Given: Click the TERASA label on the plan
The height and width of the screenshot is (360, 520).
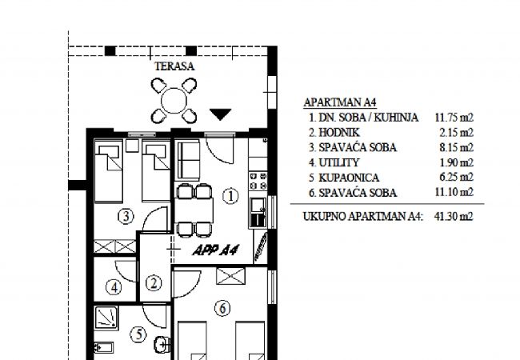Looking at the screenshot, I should [x=174, y=67].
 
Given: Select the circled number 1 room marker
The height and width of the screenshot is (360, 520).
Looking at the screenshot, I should [x=230, y=194].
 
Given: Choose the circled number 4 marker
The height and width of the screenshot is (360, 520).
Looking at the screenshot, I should [x=116, y=287].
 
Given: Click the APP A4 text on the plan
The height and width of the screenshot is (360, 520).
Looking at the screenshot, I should [x=217, y=249].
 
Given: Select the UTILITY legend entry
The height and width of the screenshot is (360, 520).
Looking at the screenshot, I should [x=337, y=162].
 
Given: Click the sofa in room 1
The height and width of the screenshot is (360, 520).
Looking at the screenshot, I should [x=186, y=158].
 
